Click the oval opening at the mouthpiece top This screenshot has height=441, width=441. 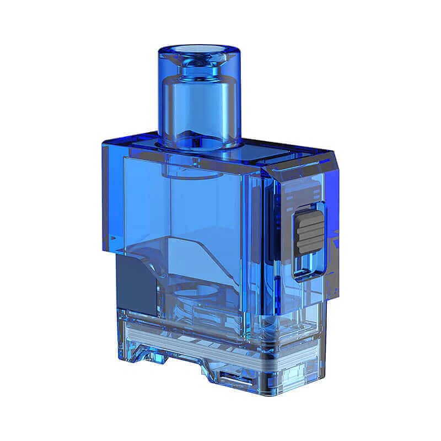pos(200,50)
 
